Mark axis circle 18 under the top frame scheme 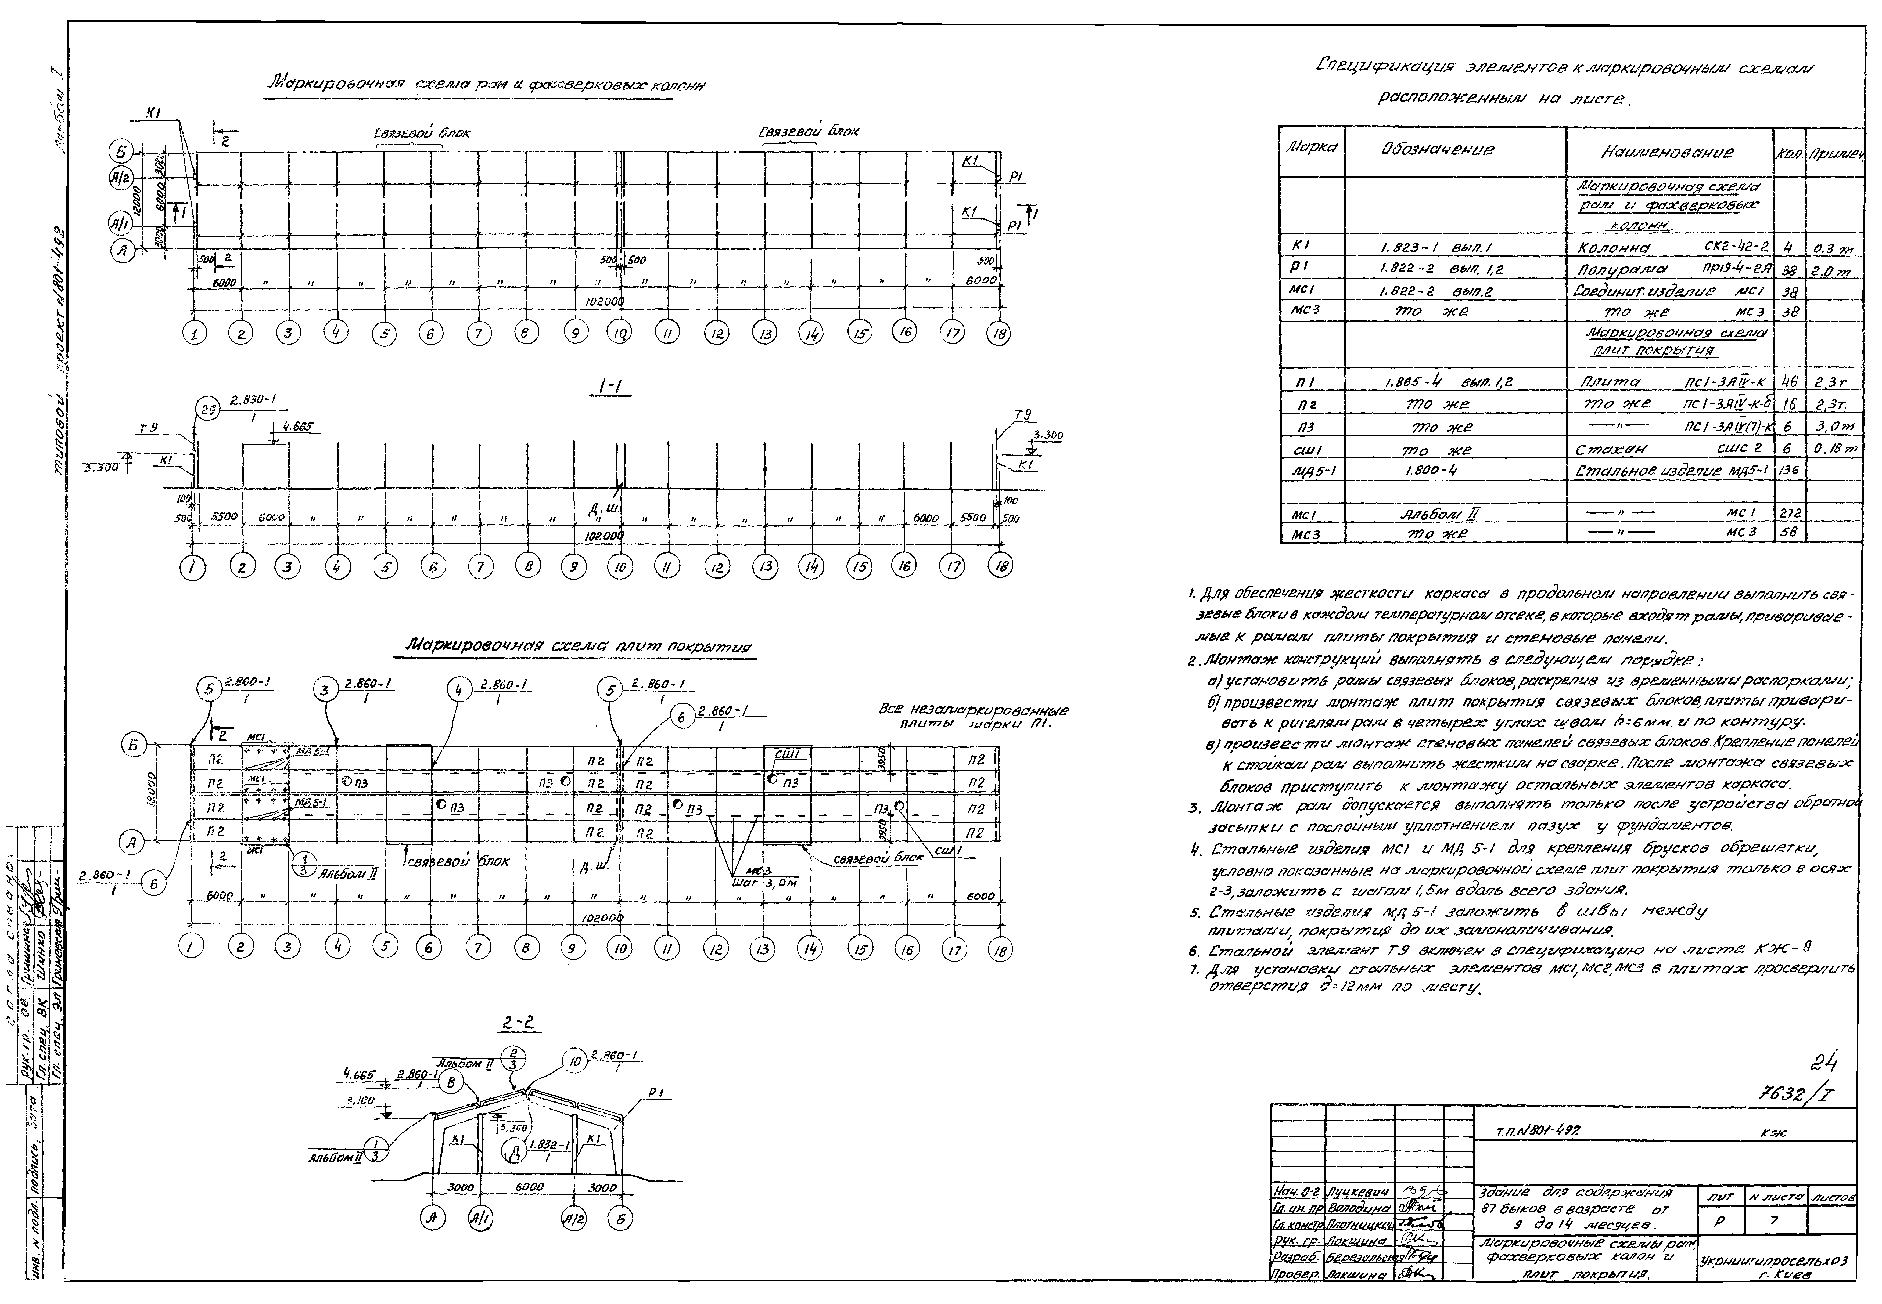(x=999, y=333)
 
